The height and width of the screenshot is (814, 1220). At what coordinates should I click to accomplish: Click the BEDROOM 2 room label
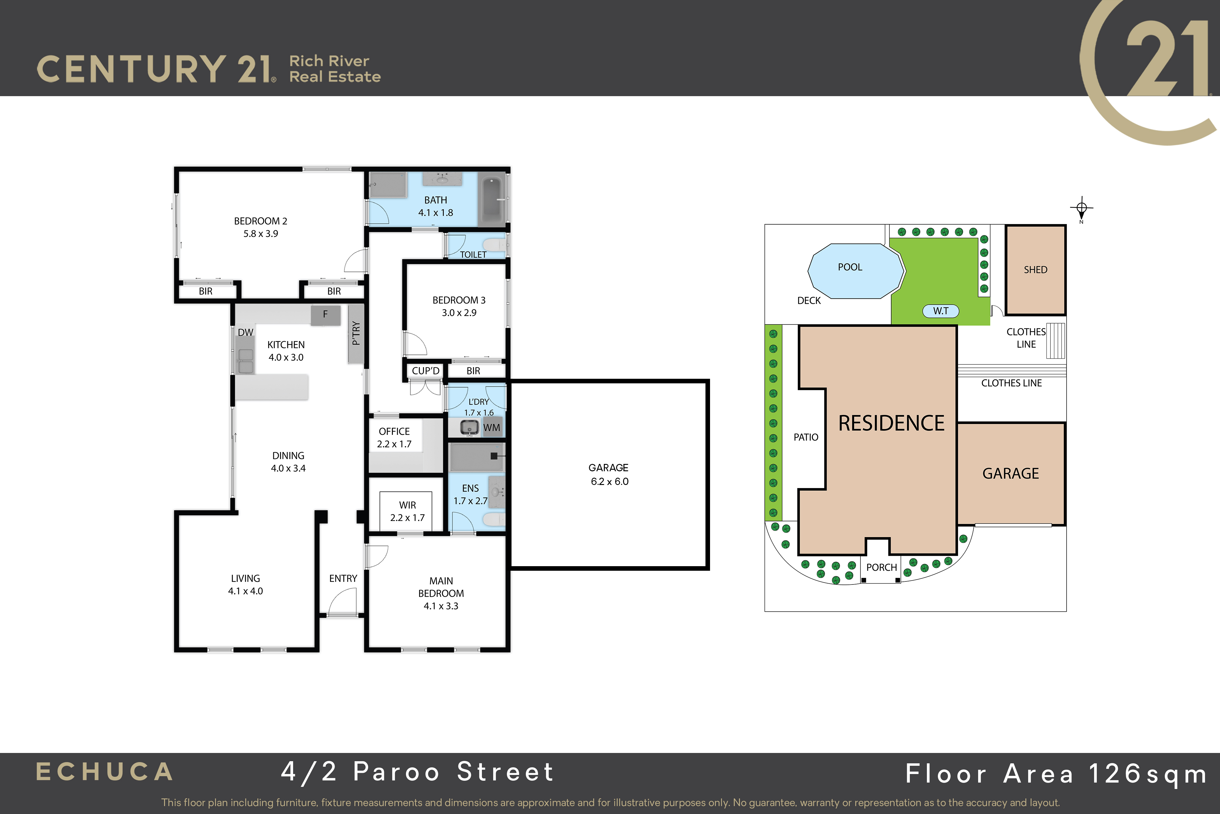[x=260, y=221]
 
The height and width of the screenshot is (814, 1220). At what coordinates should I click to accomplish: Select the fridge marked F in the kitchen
[x=325, y=315]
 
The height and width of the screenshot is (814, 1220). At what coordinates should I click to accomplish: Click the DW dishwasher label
[x=245, y=332]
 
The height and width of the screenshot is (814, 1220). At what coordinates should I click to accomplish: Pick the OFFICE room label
[x=394, y=431]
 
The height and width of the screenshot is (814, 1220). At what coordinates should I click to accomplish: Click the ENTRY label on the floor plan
[x=343, y=578]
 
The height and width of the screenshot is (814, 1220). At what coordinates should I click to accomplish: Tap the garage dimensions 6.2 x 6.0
[x=609, y=481]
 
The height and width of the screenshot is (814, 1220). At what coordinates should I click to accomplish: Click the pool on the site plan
[x=856, y=271]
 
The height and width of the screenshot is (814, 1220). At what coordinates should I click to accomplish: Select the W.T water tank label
[x=940, y=311]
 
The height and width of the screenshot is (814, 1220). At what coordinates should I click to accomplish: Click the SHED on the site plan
[x=1035, y=270]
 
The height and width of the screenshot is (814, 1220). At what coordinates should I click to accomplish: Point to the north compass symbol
[x=1082, y=209]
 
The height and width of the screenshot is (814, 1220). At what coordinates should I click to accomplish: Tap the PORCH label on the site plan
[x=881, y=567]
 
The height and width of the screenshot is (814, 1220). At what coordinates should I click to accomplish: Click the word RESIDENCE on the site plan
[x=891, y=423]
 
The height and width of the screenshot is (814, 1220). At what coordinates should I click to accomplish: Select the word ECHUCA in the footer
[x=104, y=772]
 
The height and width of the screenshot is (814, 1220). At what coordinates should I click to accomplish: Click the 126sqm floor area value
[x=1147, y=774]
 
